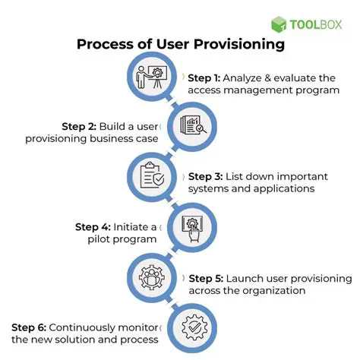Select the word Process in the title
click(104, 44)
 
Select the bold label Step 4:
click(94, 226)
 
